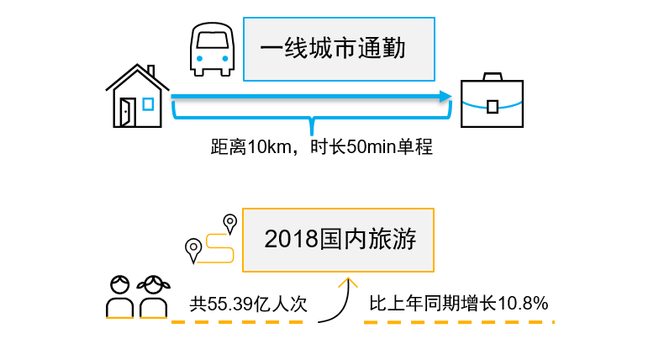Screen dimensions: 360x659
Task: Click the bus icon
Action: click(211, 49)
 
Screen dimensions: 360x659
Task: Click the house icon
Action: click(138, 97)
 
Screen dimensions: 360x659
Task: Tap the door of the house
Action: click(127, 112)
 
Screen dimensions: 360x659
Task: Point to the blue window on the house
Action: click(148, 104)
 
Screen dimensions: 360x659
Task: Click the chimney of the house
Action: click(150, 71)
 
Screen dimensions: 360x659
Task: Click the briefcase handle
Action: click(492, 77)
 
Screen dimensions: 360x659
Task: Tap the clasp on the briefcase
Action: click(493, 106)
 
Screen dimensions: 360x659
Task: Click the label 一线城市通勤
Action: click(339, 49)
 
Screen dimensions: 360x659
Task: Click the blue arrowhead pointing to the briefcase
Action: click(445, 96)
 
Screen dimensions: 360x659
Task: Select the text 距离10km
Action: click(248, 149)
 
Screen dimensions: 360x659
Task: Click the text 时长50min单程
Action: click(371, 149)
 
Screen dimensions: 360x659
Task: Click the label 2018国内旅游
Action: click(338, 240)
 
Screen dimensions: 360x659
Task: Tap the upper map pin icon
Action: click(229, 223)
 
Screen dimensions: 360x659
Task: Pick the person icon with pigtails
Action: click(153, 296)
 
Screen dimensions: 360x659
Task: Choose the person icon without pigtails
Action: click(119, 296)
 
